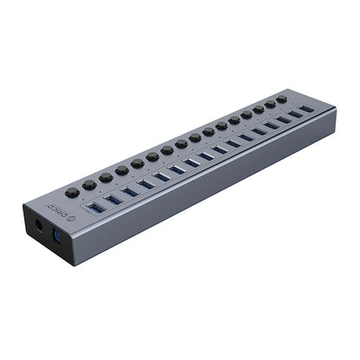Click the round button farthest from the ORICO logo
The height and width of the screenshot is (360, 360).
(x=280, y=99)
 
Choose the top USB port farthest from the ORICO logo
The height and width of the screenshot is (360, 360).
(x=307, y=110)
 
